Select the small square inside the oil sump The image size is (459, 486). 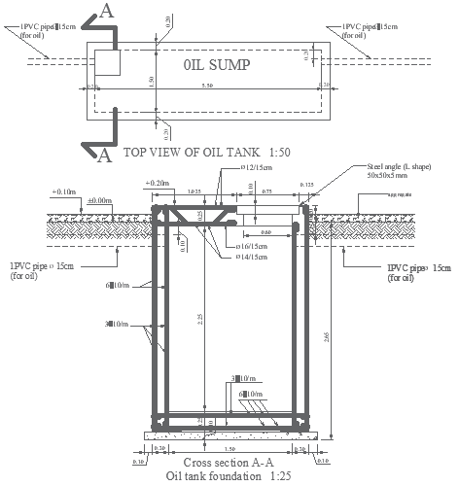click(x=106, y=63)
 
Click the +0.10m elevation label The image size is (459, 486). click(x=64, y=192)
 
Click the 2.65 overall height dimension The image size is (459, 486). click(x=335, y=335)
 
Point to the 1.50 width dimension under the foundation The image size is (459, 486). click(x=229, y=449)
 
